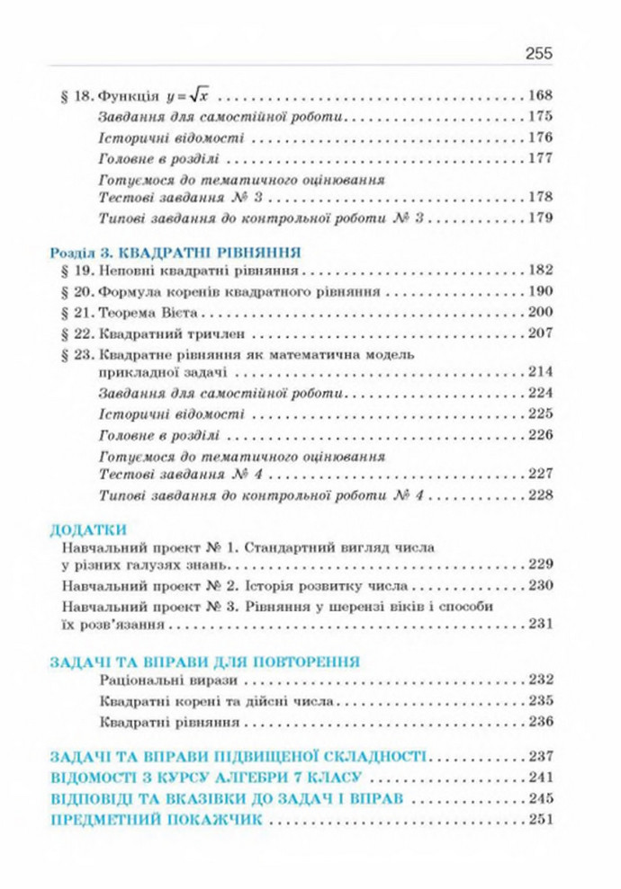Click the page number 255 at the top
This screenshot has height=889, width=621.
(x=538, y=53)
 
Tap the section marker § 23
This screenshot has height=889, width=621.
(x=70, y=355)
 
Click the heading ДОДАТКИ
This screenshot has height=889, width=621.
(x=88, y=529)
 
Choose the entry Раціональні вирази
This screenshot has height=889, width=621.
(x=159, y=680)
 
